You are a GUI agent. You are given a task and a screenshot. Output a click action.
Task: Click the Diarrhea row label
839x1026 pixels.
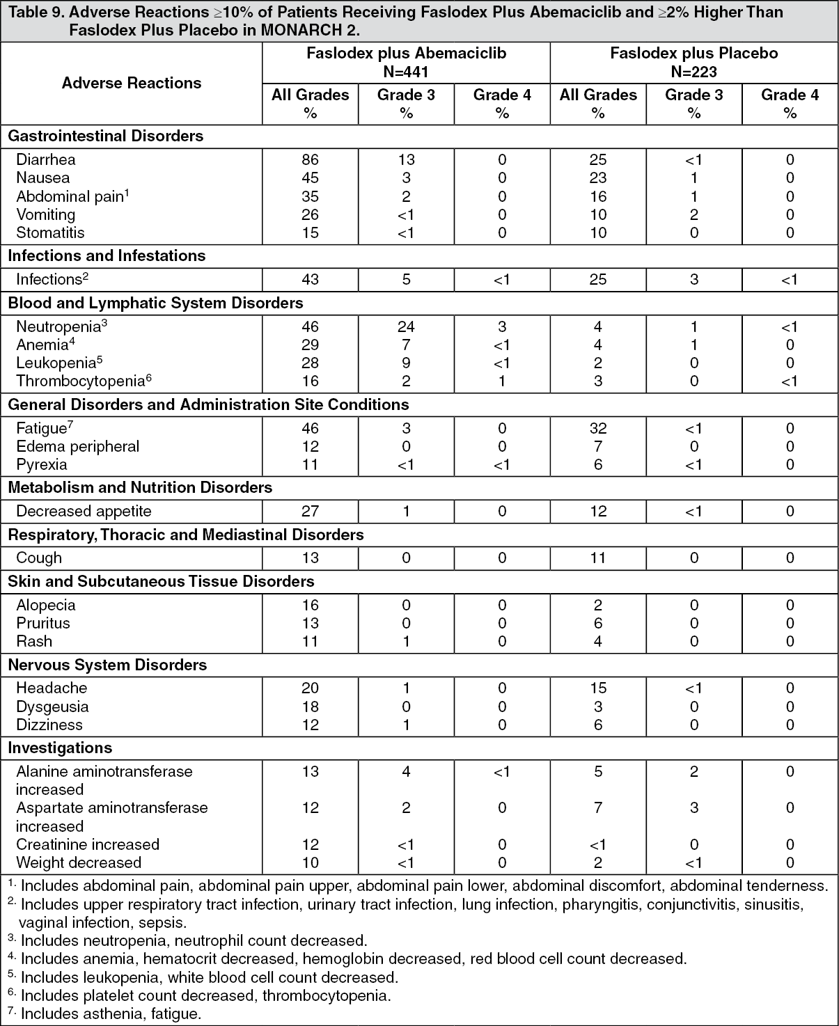click(x=46, y=159)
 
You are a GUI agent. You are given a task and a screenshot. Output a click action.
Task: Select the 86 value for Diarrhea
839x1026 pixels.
click(x=310, y=159)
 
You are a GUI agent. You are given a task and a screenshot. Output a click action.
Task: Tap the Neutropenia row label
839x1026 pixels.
click(x=61, y=326)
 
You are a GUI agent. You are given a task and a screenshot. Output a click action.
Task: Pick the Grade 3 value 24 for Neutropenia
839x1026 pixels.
click(x=406, y=326)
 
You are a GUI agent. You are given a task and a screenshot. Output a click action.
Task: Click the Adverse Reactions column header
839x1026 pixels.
click(x=132, y=83)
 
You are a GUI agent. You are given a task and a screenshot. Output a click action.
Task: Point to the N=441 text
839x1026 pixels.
click(x=406, y=72)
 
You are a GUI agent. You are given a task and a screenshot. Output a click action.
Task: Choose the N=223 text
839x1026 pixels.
click(x=693, y=72)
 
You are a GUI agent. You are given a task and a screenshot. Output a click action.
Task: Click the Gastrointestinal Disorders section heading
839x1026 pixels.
click(x=106, y=136)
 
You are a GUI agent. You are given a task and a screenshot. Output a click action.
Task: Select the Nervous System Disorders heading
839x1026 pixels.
click(x=107, y=665)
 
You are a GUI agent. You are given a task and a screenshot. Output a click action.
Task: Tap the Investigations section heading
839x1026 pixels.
click(x=60, y=748)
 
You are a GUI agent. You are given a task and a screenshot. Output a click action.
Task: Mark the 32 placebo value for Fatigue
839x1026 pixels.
click(x=597, y=428)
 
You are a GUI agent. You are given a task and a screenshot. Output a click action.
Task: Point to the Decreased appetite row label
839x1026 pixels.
click(x=84, y=511)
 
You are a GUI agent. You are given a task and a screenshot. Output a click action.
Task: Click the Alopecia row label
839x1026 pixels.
click(x=46, y=605)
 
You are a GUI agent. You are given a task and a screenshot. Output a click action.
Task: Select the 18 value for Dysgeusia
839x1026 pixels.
click(x=310, y=707)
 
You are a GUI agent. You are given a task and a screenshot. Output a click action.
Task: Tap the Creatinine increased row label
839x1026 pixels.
click(x=88, y=844)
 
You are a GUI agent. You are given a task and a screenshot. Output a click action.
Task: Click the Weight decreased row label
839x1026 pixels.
click(x=79, y=862)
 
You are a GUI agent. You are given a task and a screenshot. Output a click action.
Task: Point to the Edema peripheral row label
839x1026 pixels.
click(x=78, y=446)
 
